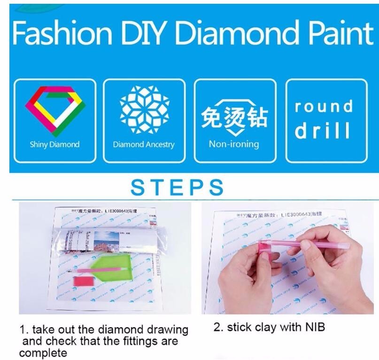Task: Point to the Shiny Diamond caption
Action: click(54, 144)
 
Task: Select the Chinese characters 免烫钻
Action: click(234, 118)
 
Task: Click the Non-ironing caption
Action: click(234, 144)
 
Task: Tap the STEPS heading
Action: click(177, 187)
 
